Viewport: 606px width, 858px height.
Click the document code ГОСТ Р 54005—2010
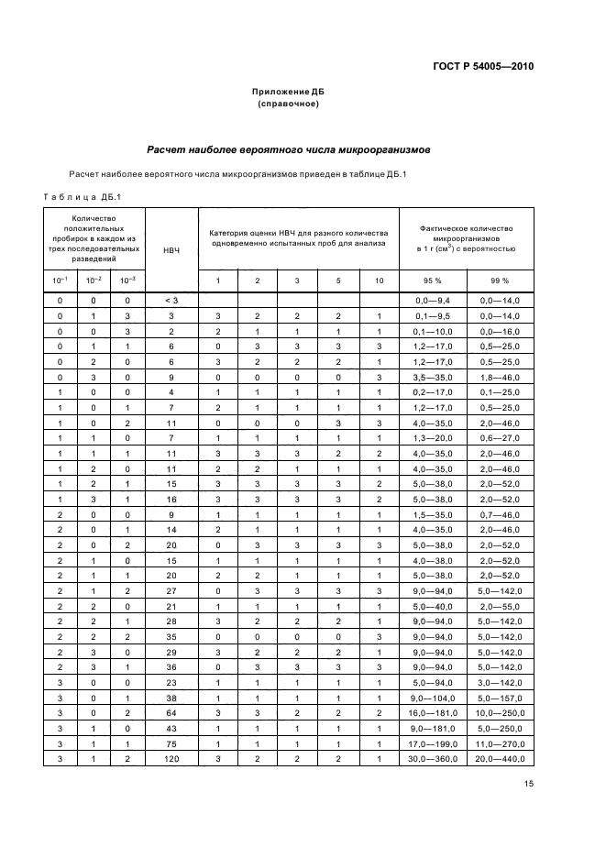[x=482, y=67]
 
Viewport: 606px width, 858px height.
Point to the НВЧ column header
[x=171, y=249]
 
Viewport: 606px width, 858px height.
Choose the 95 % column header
[x=432, y=280]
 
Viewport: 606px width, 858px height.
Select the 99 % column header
[x=500, y=280]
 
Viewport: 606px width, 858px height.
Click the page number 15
[x=528, y=784]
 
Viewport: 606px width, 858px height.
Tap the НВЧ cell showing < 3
[x=171, y=301]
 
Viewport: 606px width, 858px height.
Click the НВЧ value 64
[x=171, y=712]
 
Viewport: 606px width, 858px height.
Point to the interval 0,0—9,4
[x=432, y=301]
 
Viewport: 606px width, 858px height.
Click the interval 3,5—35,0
[x=432, y=377]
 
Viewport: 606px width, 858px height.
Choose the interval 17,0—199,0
[x=432, y=742]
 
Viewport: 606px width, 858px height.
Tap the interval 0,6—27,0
[x=500, y=438]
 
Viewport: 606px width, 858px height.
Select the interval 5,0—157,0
[x=500, y=697]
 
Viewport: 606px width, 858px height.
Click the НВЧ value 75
[x=171, y=742]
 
